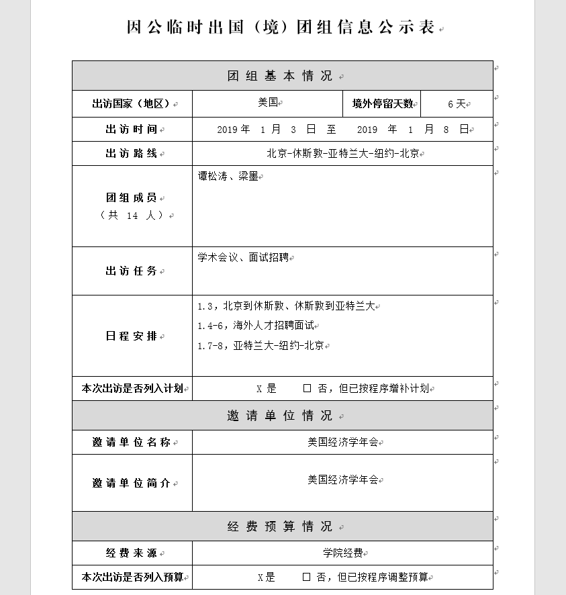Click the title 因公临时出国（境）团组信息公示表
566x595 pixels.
[x=281, y=27]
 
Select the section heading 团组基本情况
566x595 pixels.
[x=280, y=76]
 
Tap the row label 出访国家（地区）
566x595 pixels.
[x=130, y=104]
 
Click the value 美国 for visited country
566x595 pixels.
[x=268, y=103]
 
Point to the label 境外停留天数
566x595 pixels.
[x=383, y=104]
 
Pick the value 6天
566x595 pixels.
[x=457, y=104]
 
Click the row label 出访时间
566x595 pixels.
[x=131, y=130]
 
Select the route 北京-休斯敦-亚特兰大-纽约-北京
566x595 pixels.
[x=342, y=154]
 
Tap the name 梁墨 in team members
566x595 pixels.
[x=248, y=177]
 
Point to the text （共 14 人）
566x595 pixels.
[x=132, y=216]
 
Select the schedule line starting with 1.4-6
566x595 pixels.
[x=256, y=326]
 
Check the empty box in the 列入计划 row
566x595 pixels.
[x=307, y=388]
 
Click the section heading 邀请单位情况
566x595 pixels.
[x=280, y=416]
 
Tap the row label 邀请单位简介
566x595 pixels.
[x=131, y=484]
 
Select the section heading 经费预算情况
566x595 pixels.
[x=280, y=527]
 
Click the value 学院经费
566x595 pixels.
[x=342, y=553]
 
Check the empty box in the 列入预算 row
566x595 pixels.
[x=306, y=577]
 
